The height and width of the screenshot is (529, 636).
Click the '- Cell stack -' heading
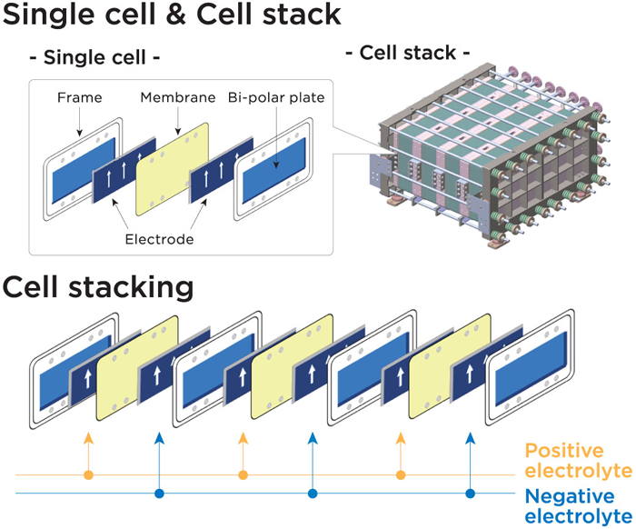[413, 53]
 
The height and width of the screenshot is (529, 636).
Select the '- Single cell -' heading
[94, 58]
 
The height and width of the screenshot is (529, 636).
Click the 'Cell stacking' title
[97, 288]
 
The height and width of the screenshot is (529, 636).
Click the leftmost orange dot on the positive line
[88, 474]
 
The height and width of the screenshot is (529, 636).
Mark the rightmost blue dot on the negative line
[470, 494]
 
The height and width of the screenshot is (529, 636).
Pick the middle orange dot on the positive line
[243, 474]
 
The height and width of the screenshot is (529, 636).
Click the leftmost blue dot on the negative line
[160, 494]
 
